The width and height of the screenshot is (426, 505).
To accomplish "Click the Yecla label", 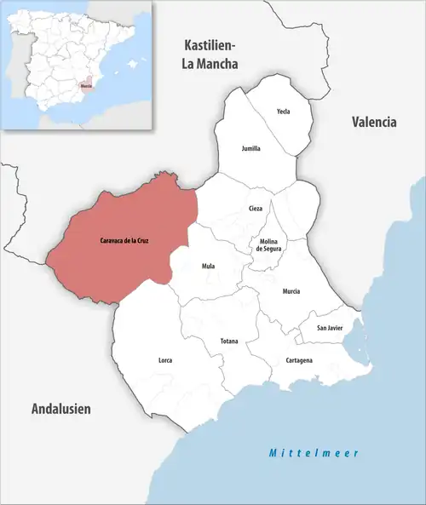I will [284, 112].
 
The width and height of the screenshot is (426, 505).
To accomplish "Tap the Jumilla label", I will [250, 148].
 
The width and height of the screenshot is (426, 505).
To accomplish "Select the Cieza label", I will [256, 208].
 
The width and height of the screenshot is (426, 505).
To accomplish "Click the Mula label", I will [208, 266].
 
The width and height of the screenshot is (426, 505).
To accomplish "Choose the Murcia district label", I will [292, 290].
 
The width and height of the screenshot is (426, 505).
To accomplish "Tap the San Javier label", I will [330, 328].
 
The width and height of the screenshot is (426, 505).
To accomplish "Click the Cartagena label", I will [299, 360].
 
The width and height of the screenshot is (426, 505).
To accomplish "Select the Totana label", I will [229, 341].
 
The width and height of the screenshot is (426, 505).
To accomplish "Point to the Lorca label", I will [165, 360].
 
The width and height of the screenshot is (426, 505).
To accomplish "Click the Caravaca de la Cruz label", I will [124, 241].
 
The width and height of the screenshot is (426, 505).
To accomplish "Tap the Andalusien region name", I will [60, 409].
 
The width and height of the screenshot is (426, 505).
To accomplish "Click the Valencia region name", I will [374, 122].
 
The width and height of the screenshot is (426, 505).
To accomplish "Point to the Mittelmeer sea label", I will [314, 452].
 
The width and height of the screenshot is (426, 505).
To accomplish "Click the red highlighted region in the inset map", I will [87, 86].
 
